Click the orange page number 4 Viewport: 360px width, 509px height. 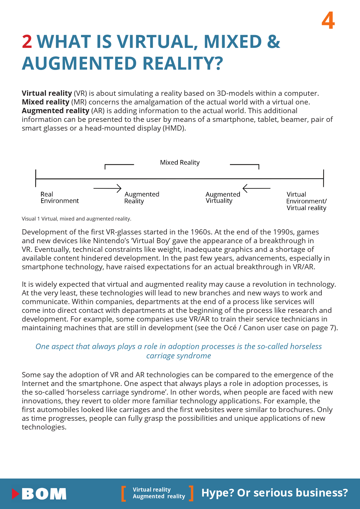point(328,21)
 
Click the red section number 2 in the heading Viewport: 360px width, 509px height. point(27,42)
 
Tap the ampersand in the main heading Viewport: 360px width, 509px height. point(273,42)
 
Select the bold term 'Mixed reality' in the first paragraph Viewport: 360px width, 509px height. point(46,102)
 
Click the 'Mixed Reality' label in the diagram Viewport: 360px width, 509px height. point(180,163)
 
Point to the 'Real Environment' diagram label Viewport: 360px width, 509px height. point(60,198)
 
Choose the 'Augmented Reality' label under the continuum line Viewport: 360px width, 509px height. point(142,198)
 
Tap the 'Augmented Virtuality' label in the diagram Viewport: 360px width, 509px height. point(223,198)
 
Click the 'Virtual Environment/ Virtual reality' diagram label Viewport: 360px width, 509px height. point(306,201)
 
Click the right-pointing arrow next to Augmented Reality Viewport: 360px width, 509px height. point(107,188)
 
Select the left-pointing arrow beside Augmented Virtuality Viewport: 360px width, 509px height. point(256,188)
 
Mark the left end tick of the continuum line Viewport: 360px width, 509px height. point(36,178)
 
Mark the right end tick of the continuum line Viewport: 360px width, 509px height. point(323,178)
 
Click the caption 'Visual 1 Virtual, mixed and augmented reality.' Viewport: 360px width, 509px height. point(76,219)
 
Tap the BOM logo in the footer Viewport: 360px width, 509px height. point(39,494)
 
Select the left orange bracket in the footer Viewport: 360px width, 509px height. point(124,494)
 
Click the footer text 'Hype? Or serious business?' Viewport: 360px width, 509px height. point(274,493)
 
